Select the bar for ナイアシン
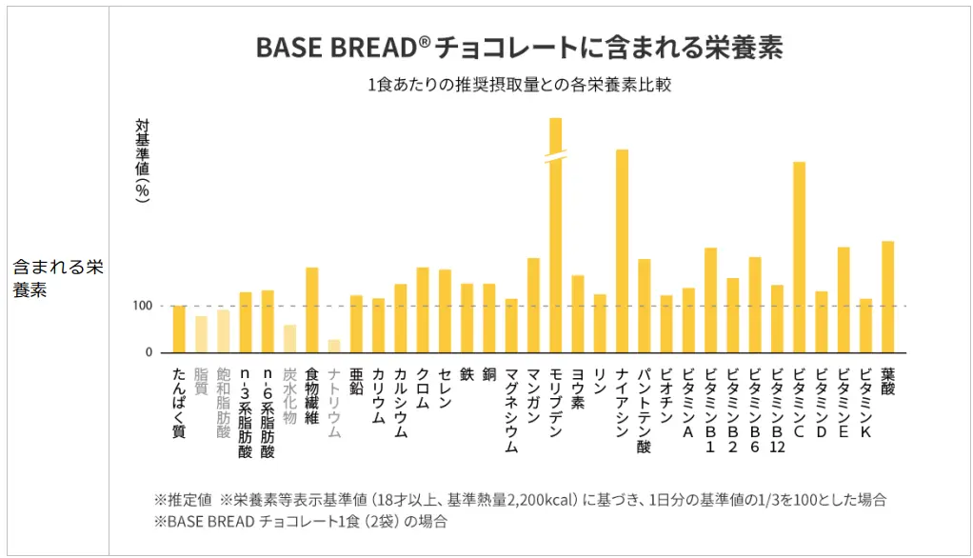622,251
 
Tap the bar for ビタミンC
800,257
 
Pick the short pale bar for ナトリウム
334,346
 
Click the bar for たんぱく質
179,329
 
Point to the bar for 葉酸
888,296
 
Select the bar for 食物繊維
312,309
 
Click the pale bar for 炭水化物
289,338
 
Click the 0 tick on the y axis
148,352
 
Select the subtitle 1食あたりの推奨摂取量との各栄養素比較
520,85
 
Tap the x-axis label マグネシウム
511,409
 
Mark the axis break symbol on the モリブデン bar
556,155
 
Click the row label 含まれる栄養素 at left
57,278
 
